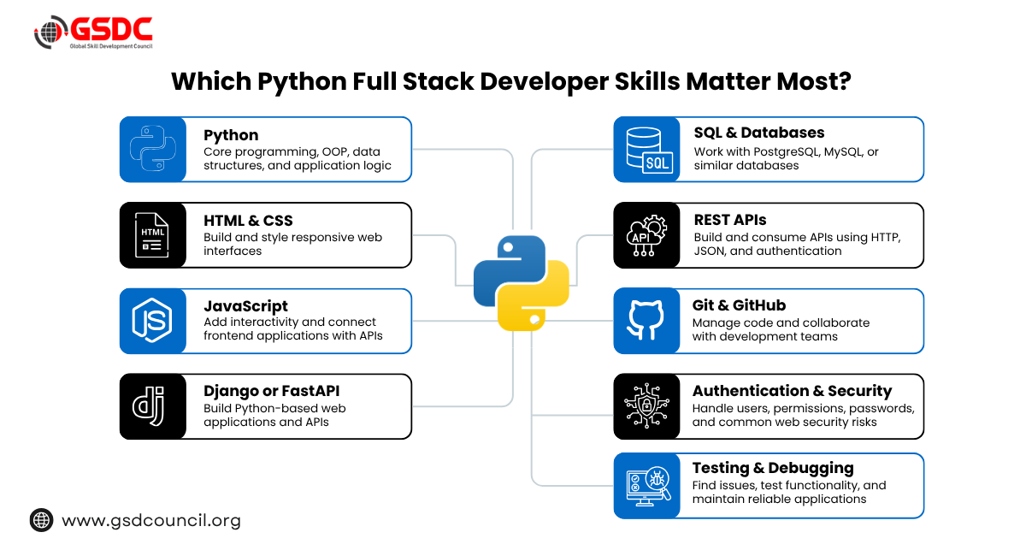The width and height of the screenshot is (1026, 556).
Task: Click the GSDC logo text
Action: tap(111, 29)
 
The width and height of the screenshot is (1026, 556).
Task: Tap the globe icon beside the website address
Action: tap(41, 520)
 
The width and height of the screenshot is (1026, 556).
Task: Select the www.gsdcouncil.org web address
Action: tap(151, 521)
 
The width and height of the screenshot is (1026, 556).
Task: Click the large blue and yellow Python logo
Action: tap(522, 283)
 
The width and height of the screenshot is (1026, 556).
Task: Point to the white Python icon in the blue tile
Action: tap(153, 149)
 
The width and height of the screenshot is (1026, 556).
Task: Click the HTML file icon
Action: tap(152, 234)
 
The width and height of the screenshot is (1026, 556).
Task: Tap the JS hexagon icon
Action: tap(152, 321)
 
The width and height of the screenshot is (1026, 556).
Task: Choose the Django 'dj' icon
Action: tap(149, 405)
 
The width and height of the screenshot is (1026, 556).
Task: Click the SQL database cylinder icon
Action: tap(649, 150)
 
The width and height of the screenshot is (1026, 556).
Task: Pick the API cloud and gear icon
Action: tap(646, 235)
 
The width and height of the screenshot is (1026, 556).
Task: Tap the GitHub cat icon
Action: tap(646, 320)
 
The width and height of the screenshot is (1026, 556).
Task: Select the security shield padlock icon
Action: tap(646, 405)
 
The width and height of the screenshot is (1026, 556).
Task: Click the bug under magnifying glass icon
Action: tap(649, 486)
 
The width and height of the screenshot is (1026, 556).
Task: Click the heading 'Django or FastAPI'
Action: tap(272, 391)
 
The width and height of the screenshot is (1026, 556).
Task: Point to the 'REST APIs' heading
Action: tap(730, 220)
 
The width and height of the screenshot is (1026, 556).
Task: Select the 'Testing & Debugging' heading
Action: tap(773, 469)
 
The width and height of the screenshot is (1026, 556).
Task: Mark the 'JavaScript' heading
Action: tap(246, 306)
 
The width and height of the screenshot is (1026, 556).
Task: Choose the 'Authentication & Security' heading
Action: tap(792, 391)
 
